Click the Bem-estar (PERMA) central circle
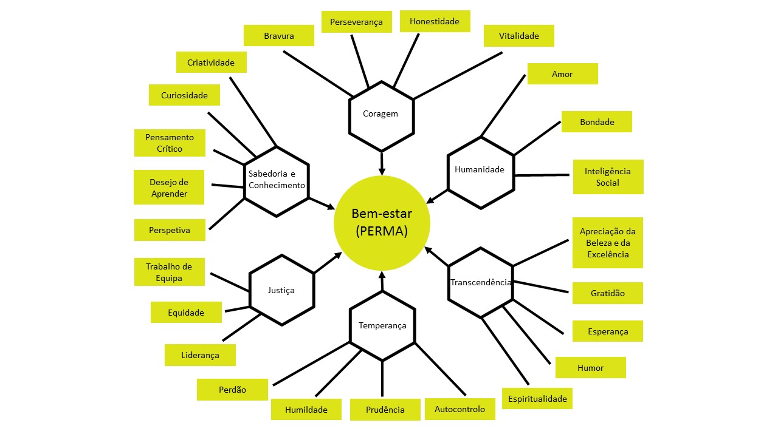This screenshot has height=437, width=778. tap(382, 223)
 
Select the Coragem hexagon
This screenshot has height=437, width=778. tap(381, 115)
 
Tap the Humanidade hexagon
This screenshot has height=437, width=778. tap(480, 172)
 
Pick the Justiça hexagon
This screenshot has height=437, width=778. tap(281, 290)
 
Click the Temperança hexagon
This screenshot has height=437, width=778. tap(382, 325)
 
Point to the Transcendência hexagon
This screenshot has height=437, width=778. tap(481, 282)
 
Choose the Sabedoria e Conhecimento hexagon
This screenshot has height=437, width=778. tap(277, 181)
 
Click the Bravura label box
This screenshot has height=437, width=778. tap(279, 36)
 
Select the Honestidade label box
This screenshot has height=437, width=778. tap(435, 21)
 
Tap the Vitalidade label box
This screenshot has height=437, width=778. tap(519, 36)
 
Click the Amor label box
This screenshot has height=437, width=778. tap(562, 74)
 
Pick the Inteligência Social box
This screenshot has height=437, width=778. tap(608, 177)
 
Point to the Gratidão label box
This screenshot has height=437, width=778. tap(607, 293)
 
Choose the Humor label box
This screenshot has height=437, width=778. tap(590, 368)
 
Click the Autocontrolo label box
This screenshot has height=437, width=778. tap(460, 409)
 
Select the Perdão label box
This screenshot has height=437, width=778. tap(232, 390)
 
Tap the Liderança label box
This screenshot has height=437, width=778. tap(200, 355)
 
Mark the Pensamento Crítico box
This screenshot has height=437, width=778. tap(169, 143)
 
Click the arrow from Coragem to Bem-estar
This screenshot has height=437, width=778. tap(382, 163)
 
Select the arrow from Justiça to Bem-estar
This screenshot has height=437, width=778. tap(329, 263)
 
